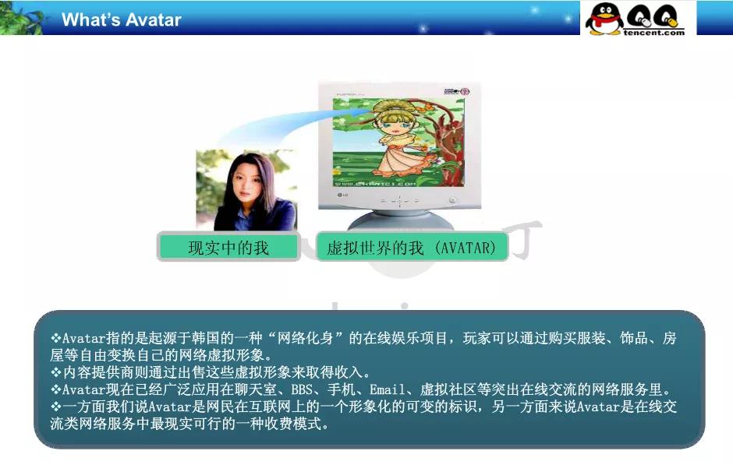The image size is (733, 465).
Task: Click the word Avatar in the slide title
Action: (153, 20)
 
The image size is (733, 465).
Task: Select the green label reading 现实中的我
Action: (228, 248)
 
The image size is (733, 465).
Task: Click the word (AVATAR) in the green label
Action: (467, 248)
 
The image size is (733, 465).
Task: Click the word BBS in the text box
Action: (302, 389)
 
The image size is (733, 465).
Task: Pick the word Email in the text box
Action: (387, 389)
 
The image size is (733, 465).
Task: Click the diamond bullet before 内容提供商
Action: (56, 372)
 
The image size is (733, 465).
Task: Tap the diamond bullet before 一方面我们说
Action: (56, 407)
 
